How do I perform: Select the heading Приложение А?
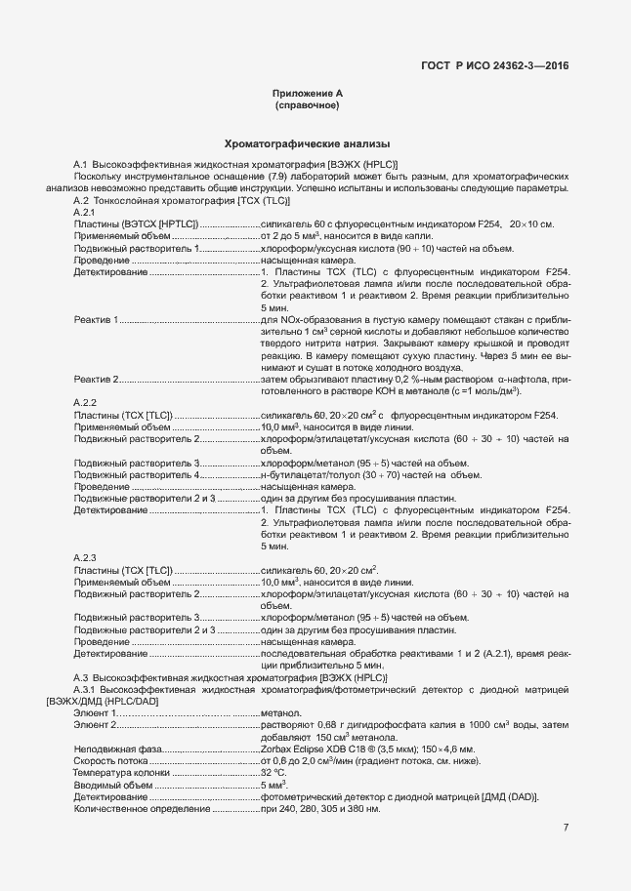tap(307, 93)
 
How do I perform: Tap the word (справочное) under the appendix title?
tap(307, 104)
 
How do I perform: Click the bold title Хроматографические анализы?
tap(307, 142)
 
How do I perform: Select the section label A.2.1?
tap(86, 212)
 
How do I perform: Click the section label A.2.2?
tap(86, 402)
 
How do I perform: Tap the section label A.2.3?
tap(86, 556)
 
